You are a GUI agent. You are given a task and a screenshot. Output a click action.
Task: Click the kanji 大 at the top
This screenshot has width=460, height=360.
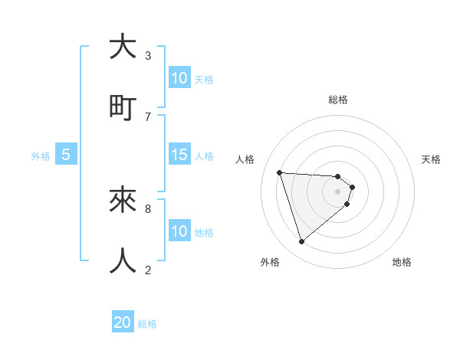coord(123,47)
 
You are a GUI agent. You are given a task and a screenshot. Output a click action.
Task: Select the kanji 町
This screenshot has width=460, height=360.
coord(123,107)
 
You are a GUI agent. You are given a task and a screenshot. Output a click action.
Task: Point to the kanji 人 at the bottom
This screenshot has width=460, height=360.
coord(123,260)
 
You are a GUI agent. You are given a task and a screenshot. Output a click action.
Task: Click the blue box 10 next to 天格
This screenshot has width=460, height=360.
coord(179,78)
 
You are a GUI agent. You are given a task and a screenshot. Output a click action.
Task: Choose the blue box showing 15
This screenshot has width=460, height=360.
coord(179,155)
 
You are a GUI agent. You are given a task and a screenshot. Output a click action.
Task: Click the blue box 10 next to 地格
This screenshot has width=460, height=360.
coord(179,231)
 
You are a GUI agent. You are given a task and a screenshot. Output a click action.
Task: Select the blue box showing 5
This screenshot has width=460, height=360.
coord(66,155)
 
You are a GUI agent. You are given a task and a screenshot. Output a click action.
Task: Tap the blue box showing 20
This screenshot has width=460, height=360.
coord(123,322)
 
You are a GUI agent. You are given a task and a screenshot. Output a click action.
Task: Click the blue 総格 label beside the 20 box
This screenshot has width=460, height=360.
coord(147,324)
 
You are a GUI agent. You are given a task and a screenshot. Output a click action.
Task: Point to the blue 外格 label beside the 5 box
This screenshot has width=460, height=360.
coord(41,155)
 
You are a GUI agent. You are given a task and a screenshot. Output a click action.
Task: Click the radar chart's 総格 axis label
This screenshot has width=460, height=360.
coord(338,100)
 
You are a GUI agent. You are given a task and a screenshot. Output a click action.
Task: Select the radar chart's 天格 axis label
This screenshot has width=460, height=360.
coord(431,159)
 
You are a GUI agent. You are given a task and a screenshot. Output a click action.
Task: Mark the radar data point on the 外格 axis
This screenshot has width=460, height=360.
coord(302,242)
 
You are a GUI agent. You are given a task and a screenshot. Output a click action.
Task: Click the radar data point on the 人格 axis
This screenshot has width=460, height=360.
coord(280,172)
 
